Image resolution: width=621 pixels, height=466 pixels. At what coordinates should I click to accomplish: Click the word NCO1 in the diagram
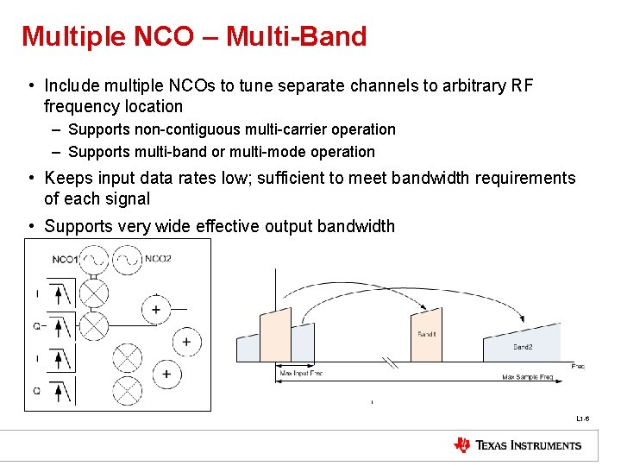coord(65,259)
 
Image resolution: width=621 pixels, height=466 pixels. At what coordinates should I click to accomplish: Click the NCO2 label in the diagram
coord(158,258)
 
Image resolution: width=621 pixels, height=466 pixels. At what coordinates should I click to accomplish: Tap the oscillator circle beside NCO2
coord(128,259)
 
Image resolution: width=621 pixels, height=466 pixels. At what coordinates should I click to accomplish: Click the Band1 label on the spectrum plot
coord(426,333)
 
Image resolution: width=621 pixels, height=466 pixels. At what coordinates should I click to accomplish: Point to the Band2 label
coord(523,347)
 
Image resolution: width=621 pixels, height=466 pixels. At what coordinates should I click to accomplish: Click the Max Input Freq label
coord(301,375)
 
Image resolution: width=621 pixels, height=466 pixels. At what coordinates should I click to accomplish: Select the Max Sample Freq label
coord(528,377)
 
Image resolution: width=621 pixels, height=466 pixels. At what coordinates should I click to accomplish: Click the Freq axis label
coord(578,367)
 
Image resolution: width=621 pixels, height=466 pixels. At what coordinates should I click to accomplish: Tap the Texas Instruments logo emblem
coord(462,445)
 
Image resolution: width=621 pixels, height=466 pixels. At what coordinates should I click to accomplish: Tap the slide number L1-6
coord(583,419)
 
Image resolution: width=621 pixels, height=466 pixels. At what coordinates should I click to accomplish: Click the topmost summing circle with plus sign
coord(156,310)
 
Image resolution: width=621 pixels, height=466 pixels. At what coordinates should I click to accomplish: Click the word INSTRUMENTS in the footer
coord(545,445)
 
